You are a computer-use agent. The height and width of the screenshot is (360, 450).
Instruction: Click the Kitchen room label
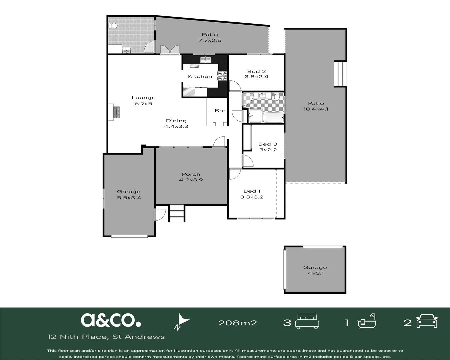(200, 76)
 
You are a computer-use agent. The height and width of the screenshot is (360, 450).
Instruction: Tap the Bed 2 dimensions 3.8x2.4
(256, 77)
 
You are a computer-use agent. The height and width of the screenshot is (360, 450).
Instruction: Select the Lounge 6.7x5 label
(143, 100)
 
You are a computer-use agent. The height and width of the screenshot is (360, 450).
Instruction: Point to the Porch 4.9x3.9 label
(191, 177)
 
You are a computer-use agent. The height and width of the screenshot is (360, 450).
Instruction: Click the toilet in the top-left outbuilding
(113, 26)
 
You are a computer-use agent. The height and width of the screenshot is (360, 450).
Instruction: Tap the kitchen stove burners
(222, 76)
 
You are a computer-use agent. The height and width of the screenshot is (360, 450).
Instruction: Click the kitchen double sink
(205, 60)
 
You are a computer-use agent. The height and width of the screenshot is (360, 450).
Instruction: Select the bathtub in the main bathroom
(273, 118)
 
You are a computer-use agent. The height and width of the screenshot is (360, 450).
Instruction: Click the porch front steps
(177, 213)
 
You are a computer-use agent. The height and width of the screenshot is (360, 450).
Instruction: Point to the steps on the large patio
(340, 73)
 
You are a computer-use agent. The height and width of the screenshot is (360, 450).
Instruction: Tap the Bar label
(220, 110)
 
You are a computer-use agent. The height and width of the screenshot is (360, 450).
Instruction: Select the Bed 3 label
(268, 144)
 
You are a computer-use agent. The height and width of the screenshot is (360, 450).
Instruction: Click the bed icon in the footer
(307, 321)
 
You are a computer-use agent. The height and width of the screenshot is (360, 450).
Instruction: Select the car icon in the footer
(427, 321)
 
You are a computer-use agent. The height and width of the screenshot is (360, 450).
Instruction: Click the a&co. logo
(111, 320)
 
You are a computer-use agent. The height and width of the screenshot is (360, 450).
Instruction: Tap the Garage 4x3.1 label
(315, 270)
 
